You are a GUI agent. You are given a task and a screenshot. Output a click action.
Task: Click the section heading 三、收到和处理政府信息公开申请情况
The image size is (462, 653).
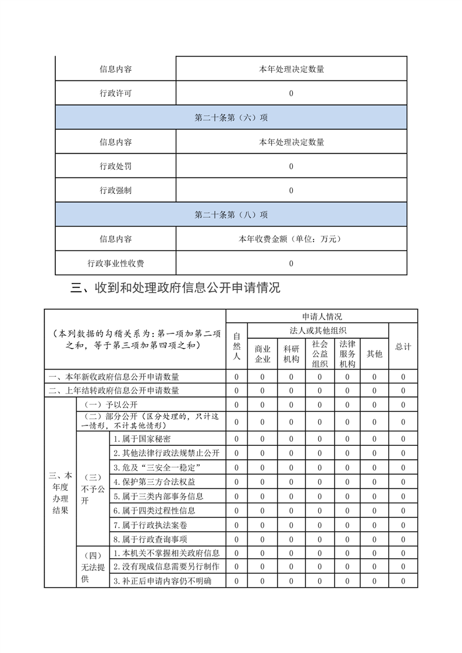[x=175, y=288]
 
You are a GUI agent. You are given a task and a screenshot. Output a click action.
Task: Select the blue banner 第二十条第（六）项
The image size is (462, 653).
[x=231, y=118]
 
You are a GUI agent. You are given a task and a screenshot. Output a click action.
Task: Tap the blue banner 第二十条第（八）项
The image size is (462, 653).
[x=231, y=215]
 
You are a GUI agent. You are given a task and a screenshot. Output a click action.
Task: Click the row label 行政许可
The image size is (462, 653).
[x=115, y=93]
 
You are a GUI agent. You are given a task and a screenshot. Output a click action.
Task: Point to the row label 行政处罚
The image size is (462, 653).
[x=115, y=166]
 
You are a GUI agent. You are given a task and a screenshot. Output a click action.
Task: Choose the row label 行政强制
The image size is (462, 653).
[x=115, y=190]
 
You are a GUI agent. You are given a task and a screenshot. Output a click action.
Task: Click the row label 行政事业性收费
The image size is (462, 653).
[x=115, y=263]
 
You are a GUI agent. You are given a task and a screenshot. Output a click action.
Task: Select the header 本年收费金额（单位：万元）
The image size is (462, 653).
[x=291, y=239]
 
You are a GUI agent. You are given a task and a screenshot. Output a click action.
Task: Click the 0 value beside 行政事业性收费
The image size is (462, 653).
[x=291, y=263]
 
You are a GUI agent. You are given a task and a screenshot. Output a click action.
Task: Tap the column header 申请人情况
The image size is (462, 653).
[x=322, y=317]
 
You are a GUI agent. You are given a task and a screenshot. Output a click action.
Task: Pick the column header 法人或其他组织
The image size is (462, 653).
[x=318, y=331]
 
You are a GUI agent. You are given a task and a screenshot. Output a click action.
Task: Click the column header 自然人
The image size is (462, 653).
[x=237, y=346]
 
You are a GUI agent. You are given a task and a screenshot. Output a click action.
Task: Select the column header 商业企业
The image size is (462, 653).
[x=262, y=354]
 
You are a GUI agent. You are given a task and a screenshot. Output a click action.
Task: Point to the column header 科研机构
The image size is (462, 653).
[x=291, y=354]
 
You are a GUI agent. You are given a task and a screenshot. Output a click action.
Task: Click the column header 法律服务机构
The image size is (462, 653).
[x=347, y=354]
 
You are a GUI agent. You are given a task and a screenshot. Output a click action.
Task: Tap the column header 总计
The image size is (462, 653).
[x=403, y=346]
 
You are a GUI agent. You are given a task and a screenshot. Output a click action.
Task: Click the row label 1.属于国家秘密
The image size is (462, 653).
[x=142, y=439]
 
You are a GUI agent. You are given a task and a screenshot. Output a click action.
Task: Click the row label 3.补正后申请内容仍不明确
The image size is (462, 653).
[x=162, y=581]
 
